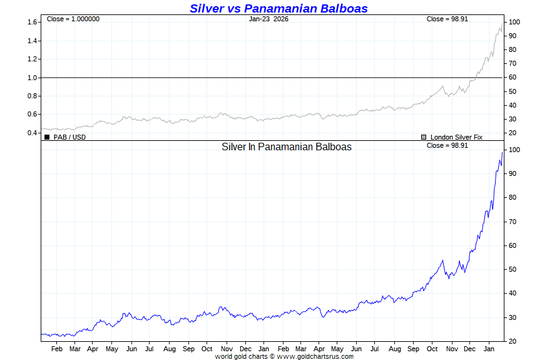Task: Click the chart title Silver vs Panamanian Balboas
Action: (x=278, y=8)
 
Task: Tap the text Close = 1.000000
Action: (x=73, y=19)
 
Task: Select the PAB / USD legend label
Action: (x=69, y=137)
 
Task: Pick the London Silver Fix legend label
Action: (x=456, y=137)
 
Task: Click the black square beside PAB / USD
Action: (x=47, y=137)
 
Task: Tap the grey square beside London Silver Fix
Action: (x=424, y=137)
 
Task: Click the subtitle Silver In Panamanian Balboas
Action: (x=287, y=147)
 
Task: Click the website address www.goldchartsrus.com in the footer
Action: (x=315, y=356)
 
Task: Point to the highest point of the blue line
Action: (x=502, y=152)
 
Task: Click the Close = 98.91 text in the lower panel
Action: (x=447, y=145)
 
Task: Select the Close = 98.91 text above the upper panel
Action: (x=447, y=19)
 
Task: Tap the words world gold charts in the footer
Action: (x=241, y=356)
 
